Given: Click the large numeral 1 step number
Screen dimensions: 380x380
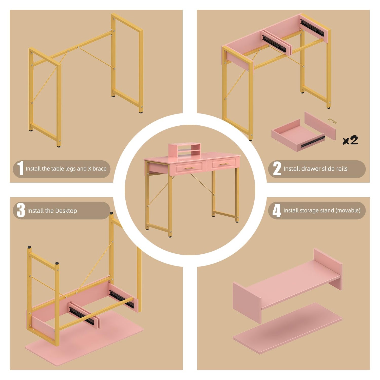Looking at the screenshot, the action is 20,168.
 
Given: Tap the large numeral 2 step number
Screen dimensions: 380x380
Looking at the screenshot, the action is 277,168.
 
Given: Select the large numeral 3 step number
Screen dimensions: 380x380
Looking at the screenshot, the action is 21,210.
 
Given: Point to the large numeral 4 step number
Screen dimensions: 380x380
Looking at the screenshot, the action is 277,211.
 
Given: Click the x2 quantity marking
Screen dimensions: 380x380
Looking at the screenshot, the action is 350,140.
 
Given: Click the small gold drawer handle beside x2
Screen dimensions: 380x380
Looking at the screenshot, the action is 332,121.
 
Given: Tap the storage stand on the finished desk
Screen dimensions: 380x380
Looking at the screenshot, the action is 185,149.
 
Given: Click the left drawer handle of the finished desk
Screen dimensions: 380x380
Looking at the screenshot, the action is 189,168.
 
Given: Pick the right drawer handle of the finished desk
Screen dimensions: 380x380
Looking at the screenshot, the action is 224,164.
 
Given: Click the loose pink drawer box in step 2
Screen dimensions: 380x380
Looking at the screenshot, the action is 298,136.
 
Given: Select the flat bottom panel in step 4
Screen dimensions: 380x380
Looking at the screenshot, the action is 288,328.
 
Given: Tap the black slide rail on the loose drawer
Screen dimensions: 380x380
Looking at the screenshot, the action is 313,142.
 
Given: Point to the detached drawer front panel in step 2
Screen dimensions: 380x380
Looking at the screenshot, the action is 320,126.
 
